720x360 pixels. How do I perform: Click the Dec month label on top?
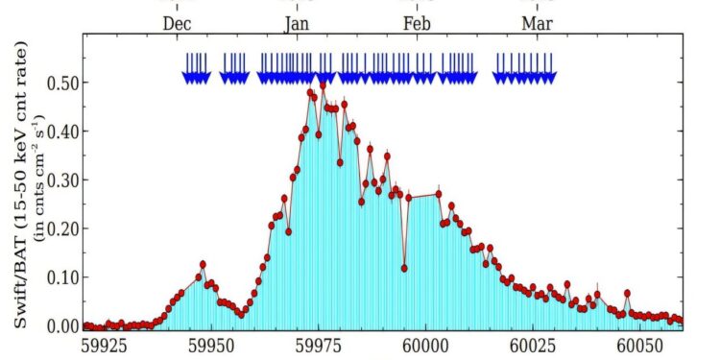tap(179, 23)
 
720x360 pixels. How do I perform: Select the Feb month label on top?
tap(417, 23)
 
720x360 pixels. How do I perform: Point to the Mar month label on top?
tap(537, 23)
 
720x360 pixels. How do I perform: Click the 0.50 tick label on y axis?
tap(60, 83)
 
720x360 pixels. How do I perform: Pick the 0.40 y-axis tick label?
tap(60, 132)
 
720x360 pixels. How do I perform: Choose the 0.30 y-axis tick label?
tap(60, 180)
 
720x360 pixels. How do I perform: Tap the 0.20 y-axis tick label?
tap(60, 228)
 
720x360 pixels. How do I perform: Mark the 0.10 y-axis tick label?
tap(60, 277)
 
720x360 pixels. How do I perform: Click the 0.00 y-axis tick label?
tap(60, 325)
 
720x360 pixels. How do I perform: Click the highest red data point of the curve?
tap(323, 85)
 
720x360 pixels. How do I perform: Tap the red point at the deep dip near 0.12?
tap(404, 268)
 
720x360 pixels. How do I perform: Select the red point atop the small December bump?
tap(203, 264)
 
